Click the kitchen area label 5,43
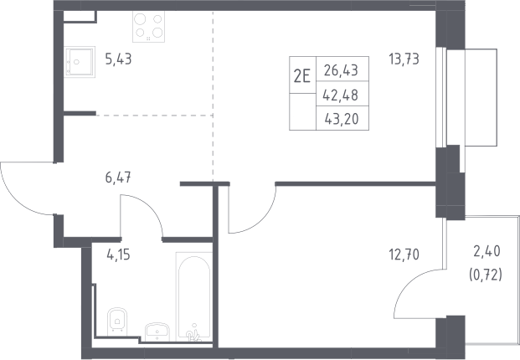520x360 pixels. click(x=118, y=59)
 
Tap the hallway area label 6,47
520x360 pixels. click(x=118, y=178)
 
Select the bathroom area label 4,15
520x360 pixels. click(x=118, y=255)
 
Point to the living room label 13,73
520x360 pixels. click(x=404, y=59)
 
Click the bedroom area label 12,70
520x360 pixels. click(x=404, y=255)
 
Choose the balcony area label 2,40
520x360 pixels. click(x=487, y=252)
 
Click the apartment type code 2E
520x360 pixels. click(x=302, y=77)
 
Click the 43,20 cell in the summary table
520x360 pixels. click(x=342, y=119)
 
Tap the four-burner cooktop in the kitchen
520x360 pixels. click(x=148, y=27)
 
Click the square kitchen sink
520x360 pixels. click(x=80, y=62)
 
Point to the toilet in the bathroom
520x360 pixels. click(x=117, y=320)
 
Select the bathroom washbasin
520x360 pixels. click(x=157, y=332)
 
